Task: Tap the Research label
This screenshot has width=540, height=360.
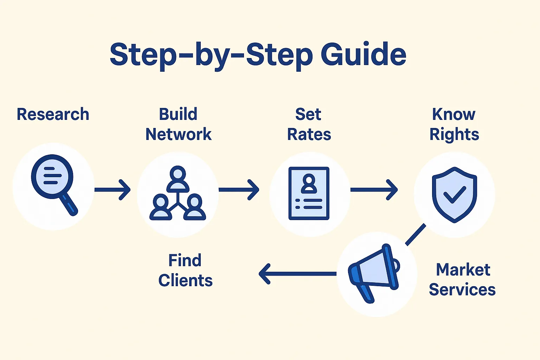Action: point(53,114)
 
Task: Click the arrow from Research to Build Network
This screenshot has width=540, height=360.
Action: point(112,190)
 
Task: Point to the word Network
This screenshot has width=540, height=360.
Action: point(178,134)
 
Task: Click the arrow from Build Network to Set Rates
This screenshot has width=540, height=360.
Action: point(239,190)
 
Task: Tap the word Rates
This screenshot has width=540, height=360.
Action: point(309,134)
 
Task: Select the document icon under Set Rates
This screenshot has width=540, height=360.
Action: point(309,193)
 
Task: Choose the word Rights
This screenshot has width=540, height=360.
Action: point(454,135)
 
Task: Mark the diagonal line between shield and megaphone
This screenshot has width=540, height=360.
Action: point(416,235)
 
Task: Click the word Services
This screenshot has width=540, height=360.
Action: point(462,290)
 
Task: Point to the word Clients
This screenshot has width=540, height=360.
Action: point(185,281)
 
